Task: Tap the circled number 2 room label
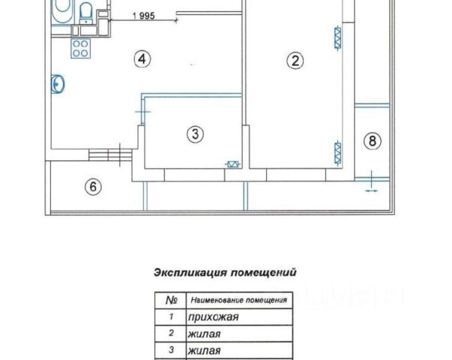(296, 61)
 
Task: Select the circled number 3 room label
(194, 134)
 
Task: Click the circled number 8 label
(373, 139)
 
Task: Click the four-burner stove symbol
(79, 46)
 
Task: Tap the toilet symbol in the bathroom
(85, 11)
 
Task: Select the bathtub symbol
(62, 10)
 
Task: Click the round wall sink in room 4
(56, 85)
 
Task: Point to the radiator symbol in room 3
(234, 165)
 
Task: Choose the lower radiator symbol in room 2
(338, 152)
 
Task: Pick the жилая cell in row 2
(204, 334)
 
